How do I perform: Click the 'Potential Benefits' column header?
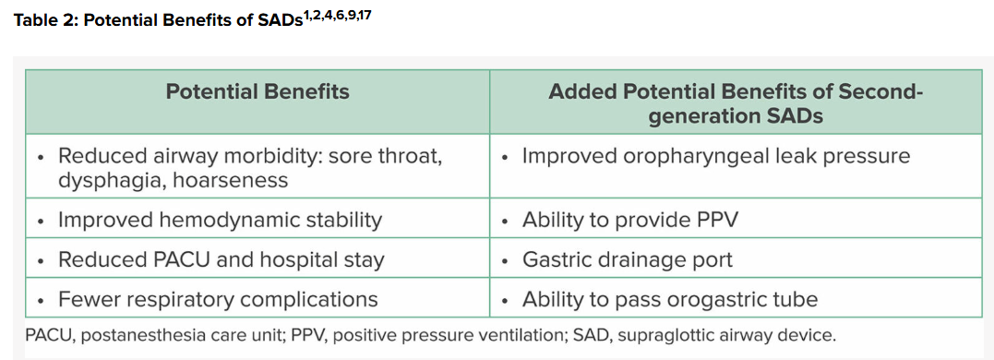[x=257, y=92]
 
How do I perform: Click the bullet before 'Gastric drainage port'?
[x=505, y=261]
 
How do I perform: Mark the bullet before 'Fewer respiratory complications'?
[x=42, y=300]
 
